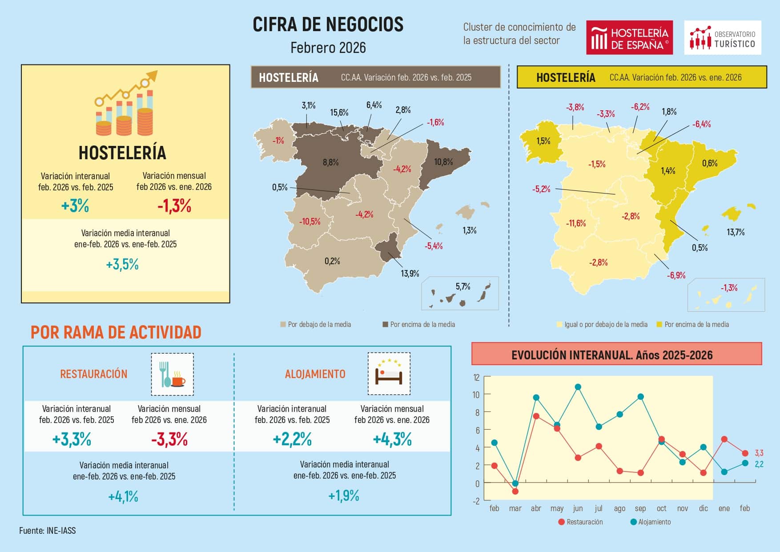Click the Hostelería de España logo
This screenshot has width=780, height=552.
tap(629, 37)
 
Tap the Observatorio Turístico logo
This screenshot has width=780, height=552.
tap(722, 37)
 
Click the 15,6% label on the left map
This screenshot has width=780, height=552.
tap(339, 113)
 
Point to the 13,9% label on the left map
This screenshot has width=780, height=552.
tap(410, 274)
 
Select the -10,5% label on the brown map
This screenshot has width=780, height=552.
tap(310, 222)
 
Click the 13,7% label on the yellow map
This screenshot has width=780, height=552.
tap(735, 232)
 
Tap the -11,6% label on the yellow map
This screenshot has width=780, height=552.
tap(575, 223)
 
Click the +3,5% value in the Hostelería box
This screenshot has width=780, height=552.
tap(122, 265)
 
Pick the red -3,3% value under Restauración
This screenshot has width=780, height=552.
tap(169, 440)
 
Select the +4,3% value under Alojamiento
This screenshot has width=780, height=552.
tap(392, 440)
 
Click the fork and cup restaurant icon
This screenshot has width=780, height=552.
tap(172, 374)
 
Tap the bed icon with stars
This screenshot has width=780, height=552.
tap(389, 374)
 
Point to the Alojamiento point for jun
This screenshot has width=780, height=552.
tap(578, 387)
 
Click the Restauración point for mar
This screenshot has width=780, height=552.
tap(515, 492)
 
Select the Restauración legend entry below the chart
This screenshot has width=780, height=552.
tap(580, 522)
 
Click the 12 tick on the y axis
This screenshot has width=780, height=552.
tap(476, 378)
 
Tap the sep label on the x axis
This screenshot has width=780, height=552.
tap(640, 508)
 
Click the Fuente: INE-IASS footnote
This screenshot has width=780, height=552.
tap(48, 531)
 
